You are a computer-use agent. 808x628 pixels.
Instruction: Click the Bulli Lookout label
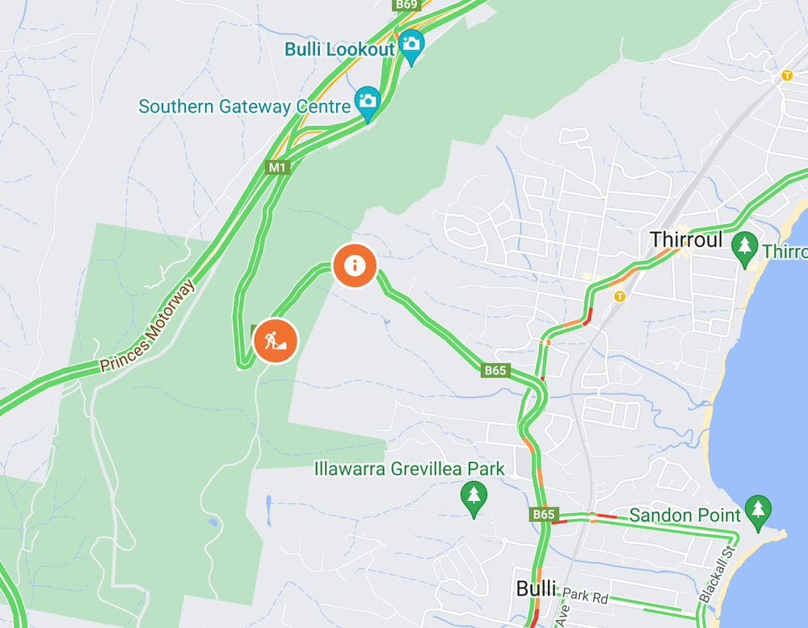[339, 49]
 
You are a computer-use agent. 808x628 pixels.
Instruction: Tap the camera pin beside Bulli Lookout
[411, 44]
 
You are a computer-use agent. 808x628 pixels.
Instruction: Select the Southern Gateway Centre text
[244, 107]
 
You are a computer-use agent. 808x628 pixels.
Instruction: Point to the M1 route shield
[278, 167]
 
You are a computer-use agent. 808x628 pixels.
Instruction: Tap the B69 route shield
[406, 5]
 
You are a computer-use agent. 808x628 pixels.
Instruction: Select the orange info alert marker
[354, 265]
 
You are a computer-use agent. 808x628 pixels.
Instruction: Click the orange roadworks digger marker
[276, 341]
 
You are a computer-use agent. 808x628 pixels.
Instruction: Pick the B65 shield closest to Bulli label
[544, 514]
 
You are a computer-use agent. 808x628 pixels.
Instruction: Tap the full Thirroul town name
[686, 240]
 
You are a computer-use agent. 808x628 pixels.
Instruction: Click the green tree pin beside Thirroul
[744, 246]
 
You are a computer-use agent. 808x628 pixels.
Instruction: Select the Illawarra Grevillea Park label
[410, 469]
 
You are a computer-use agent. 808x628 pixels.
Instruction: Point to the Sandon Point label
[684, 515]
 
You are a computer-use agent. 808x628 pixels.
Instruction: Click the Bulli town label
[537, 589]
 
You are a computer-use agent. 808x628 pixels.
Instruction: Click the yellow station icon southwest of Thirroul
[620, 296]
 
